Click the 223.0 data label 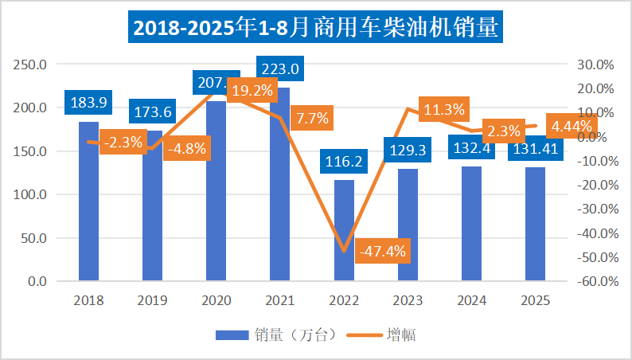coord(278,69)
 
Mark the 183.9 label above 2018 coord(88,101)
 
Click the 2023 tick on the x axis coord(408,301)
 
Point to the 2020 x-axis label coord(216,301)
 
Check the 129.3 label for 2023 coord(408,148)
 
